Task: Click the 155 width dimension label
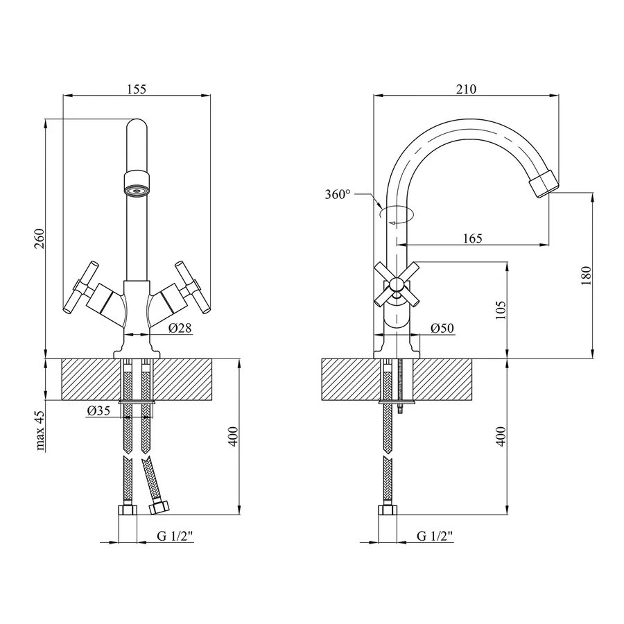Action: click(137, 89)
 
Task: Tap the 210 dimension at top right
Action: click(466, 89)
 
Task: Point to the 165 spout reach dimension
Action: click(471, 239)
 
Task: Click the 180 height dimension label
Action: click(587, 276)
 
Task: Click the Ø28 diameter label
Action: click(180, 328)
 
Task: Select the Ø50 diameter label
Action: click(442, 328)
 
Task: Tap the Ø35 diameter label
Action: click(99, 411)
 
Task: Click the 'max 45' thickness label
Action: click(40, 431)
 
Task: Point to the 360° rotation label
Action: click(338, 195)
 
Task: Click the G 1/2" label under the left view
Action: click(174, 535)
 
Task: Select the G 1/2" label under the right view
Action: click(435, 535)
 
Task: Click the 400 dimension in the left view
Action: click(234, 436)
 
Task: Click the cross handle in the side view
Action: click(396, 284)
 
